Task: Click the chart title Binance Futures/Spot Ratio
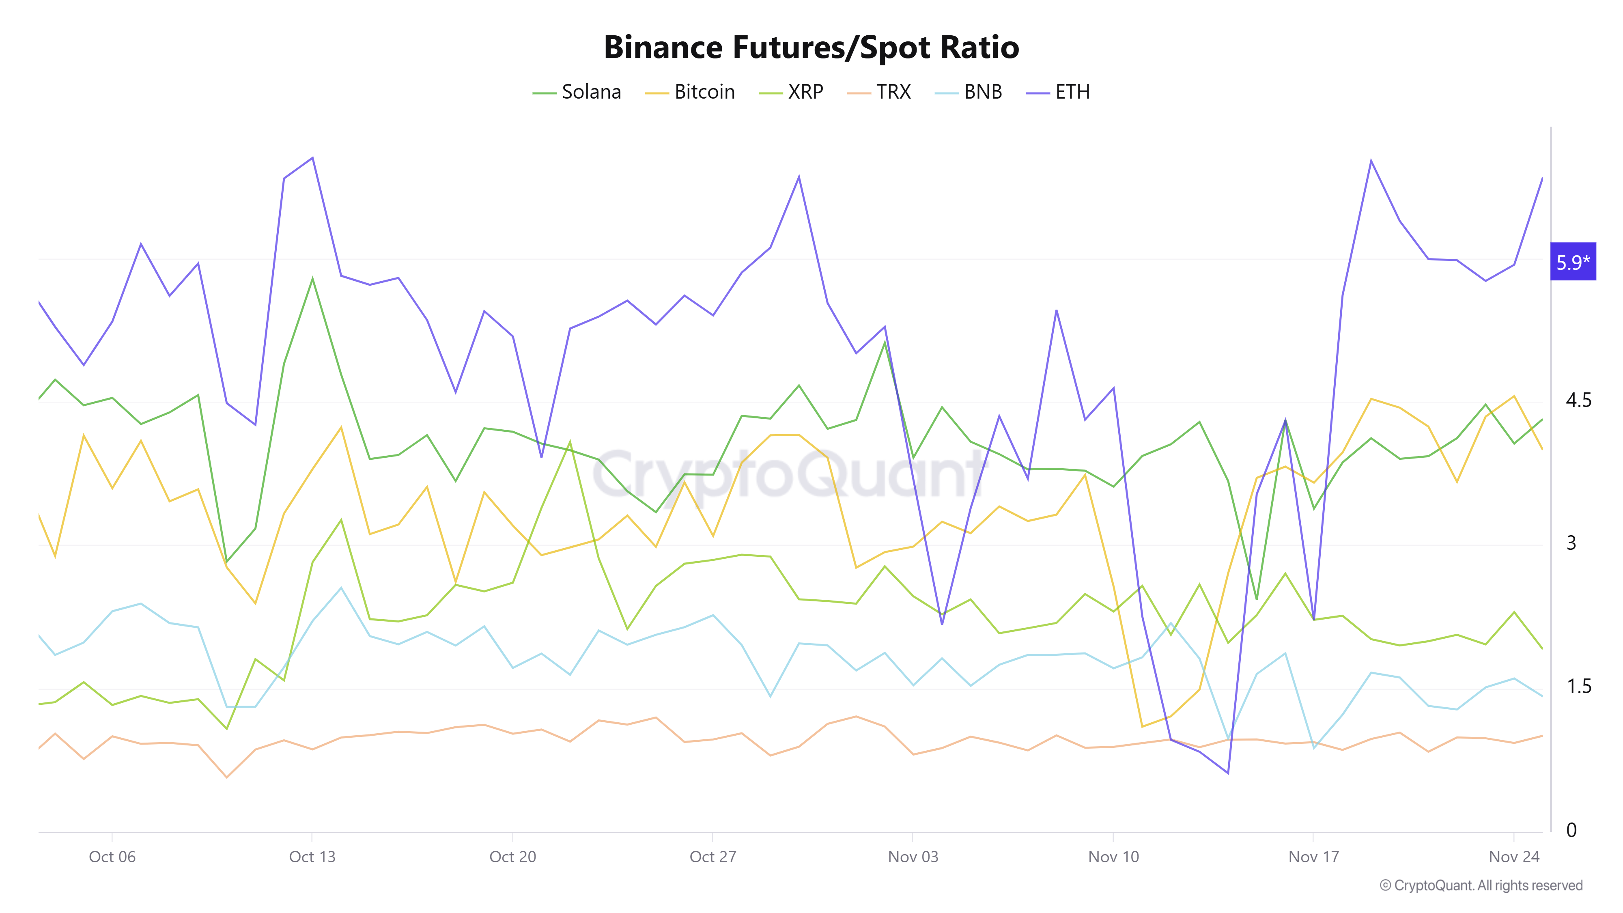(x=811, y=47)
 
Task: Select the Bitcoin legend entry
(x=691, y=92)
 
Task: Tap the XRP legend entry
(x=792, y=92)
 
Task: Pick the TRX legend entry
(x=880, y=92)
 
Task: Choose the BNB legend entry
(x=969, y=92)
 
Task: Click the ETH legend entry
(x=1059, y=92)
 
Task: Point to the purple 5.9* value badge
(x=1573, y=261)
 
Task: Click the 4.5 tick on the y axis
(x=1578, y=400)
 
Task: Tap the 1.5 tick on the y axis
(x=1579, y=686)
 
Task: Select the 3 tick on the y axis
(x=1571, y=543)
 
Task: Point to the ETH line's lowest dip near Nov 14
(x=1228, y=773)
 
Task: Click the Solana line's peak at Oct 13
(x=312, y=278)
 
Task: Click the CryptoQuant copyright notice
(x=1481, y=885)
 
